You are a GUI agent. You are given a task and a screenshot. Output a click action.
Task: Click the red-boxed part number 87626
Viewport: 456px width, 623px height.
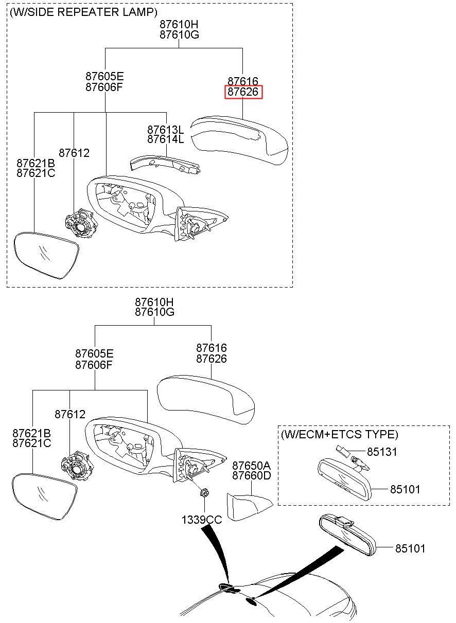pos(243,92)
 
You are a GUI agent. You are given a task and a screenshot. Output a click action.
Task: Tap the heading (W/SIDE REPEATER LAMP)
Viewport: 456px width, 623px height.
pos(83,12)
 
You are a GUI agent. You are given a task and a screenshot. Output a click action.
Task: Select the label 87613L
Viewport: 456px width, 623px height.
pos(166,130)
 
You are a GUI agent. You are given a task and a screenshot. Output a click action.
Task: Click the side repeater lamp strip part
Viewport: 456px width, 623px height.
pos(166,165)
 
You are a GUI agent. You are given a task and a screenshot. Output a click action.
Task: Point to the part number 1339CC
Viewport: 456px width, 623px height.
pos(202,520)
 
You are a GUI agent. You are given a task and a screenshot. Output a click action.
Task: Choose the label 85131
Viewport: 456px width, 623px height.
pos(382,452)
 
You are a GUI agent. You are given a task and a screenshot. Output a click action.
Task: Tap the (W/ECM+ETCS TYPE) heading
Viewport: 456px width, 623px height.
pos(340,434)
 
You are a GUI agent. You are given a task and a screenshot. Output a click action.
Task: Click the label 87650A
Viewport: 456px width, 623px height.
pos(251,465)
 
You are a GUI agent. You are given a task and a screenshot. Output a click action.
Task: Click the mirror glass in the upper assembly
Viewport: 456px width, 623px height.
pos(46,255)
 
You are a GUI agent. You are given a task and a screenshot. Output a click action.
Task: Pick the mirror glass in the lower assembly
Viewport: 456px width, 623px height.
pos(44,497)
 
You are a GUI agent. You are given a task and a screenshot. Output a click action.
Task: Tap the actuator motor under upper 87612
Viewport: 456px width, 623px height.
pos(81,223)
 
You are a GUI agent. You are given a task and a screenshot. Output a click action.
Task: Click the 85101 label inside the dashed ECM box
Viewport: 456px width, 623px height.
pos(405,489)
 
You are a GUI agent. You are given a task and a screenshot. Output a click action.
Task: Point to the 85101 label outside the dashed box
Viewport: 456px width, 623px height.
pos(410,548)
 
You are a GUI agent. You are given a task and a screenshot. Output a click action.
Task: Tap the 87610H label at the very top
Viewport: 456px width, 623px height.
pos(179,25)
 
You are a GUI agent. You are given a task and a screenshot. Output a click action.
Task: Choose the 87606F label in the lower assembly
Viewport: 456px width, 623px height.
pos(94,365)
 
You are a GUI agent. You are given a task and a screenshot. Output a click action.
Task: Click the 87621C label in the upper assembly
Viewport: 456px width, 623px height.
pos(36,173)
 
